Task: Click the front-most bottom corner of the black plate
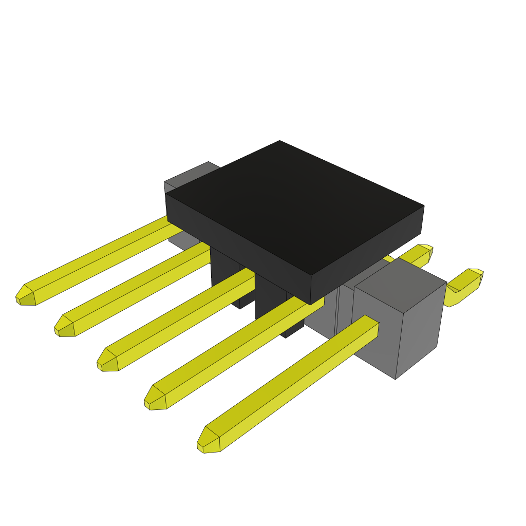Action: point(311,304)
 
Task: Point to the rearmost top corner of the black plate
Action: point(280,141)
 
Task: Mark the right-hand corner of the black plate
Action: point(423,207)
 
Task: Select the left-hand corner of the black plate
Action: point(166,195)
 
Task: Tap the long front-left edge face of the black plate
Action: point(236,241)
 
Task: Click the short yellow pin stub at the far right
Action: point(465,285)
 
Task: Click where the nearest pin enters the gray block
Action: point(372,329)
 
